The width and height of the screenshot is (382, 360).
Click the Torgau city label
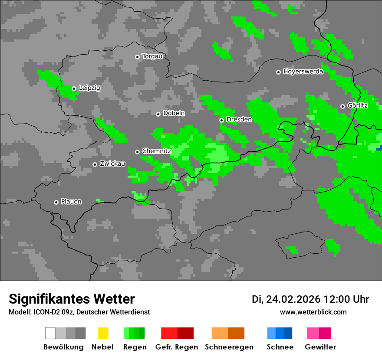tap(152, 56)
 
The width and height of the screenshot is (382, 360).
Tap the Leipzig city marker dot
tap(74, 88)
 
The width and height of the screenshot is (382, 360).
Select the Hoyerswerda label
tap(303, 72)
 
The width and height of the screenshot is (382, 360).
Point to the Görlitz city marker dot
tap(342, 106)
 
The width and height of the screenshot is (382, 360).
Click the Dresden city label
tap(239, 119)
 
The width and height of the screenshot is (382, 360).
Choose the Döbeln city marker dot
tap(158, 114)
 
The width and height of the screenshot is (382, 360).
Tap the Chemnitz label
tap(156, 151)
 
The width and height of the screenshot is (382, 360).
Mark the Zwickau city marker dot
tap(95, 164)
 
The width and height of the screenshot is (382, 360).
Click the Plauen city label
tap(71, 202)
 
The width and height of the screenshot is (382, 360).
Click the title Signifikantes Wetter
tap(72, 299)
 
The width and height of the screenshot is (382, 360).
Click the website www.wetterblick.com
tap(313, 312)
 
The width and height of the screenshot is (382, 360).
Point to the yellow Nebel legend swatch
tap(103, 333)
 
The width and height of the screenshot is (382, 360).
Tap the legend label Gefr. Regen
tap(177, 347)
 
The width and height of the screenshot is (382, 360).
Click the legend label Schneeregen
tap(229, 347)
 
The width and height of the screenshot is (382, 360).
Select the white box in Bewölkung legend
tap(50, 333)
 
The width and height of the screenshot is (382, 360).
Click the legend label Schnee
tap(280, 347)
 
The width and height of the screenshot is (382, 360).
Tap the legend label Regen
tap(135, 347)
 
